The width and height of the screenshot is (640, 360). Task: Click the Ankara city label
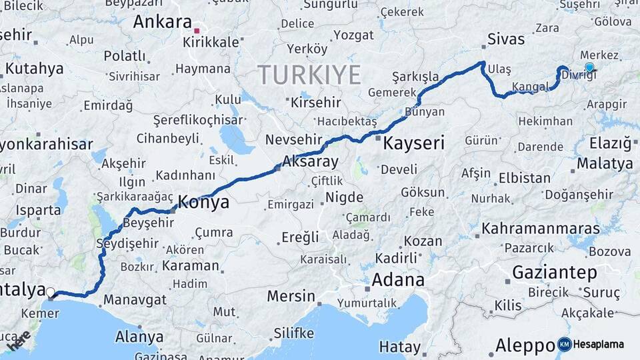(x=162, y=22)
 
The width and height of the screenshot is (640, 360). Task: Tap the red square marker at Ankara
(x=196, y=31)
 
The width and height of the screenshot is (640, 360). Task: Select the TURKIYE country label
(x=309, y=74)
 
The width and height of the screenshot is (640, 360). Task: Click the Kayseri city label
(x=414, y=142)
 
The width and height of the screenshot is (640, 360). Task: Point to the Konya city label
(x=205, y=202)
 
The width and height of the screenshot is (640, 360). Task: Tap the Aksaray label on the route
(x=310, y=161)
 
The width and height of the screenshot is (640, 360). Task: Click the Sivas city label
(x=506, y=39)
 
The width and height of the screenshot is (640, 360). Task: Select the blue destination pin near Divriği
(x=589, y=67)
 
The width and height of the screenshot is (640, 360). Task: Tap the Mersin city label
(x=291, y=295)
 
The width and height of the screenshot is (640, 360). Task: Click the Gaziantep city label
(x=554, y=272)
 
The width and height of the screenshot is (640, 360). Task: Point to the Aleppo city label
(x=524, y=345)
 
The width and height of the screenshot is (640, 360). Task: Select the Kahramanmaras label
(x=541, y=229)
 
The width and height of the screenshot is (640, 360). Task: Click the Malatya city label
(x=605, y=163)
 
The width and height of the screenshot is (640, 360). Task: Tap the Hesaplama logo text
(x=599, y=345)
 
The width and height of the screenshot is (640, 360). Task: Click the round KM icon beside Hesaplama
(x=564, y=345)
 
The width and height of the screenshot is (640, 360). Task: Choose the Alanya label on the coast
(x=139, y=337)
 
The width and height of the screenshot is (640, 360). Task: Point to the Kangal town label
(x=531, y=87)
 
